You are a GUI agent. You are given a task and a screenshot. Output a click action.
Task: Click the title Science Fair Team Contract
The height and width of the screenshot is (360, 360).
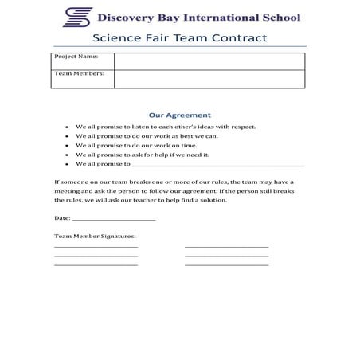tap(179, 37)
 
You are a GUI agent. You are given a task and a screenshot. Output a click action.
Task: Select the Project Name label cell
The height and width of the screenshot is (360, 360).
tap(83, 61)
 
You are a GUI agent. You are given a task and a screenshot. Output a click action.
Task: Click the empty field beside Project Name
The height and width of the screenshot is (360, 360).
tap(209, 61)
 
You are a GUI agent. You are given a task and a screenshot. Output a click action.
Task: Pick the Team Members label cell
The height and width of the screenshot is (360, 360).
tap(83, 78)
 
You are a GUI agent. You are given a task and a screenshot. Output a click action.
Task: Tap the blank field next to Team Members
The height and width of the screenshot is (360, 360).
tap(209, 79)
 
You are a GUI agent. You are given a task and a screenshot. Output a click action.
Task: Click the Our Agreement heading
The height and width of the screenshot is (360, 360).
tap(180, 115)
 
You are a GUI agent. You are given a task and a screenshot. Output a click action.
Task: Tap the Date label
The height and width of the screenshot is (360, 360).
tap(62, 217)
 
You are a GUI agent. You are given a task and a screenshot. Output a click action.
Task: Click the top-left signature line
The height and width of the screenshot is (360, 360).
tap(96, 247)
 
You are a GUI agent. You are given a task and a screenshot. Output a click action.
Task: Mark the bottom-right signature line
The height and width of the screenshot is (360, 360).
tap(226, 264)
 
